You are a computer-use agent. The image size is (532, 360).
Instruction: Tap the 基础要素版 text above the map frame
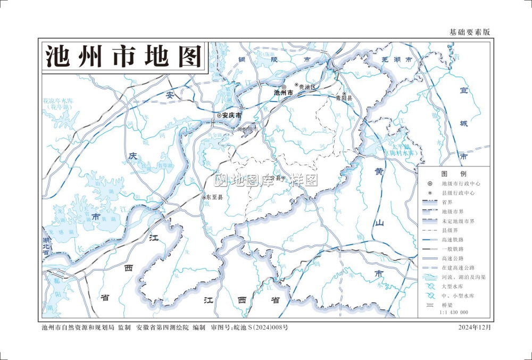(469, 32)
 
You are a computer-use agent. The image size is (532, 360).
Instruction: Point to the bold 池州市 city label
(284, 93)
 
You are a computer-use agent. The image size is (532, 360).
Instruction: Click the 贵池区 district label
(307, 87)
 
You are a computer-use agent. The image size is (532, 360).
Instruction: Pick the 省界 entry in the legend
(447, 202)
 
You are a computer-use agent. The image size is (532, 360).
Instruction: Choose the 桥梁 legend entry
(447, 305)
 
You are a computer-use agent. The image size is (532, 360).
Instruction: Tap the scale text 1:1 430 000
(454, 313)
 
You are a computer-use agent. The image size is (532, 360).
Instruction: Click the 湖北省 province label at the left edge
(46, 247)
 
